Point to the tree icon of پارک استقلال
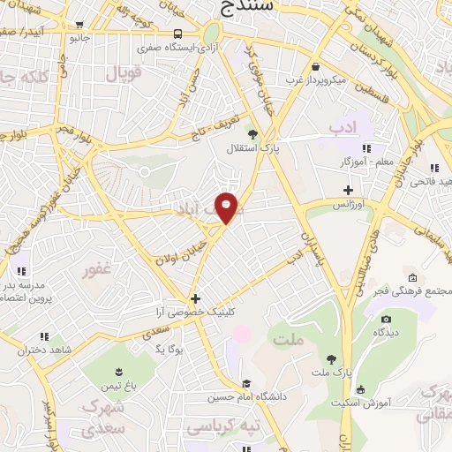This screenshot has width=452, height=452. (254, 135)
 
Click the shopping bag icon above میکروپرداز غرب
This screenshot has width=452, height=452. (315, 66)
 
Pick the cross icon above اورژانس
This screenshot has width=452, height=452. (348, 189)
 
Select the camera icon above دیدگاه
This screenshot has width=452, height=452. (386, 319)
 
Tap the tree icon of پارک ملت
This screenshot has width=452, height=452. (331, 359)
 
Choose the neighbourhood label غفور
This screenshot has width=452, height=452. (97, 270)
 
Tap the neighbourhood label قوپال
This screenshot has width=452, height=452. (124, 75)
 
